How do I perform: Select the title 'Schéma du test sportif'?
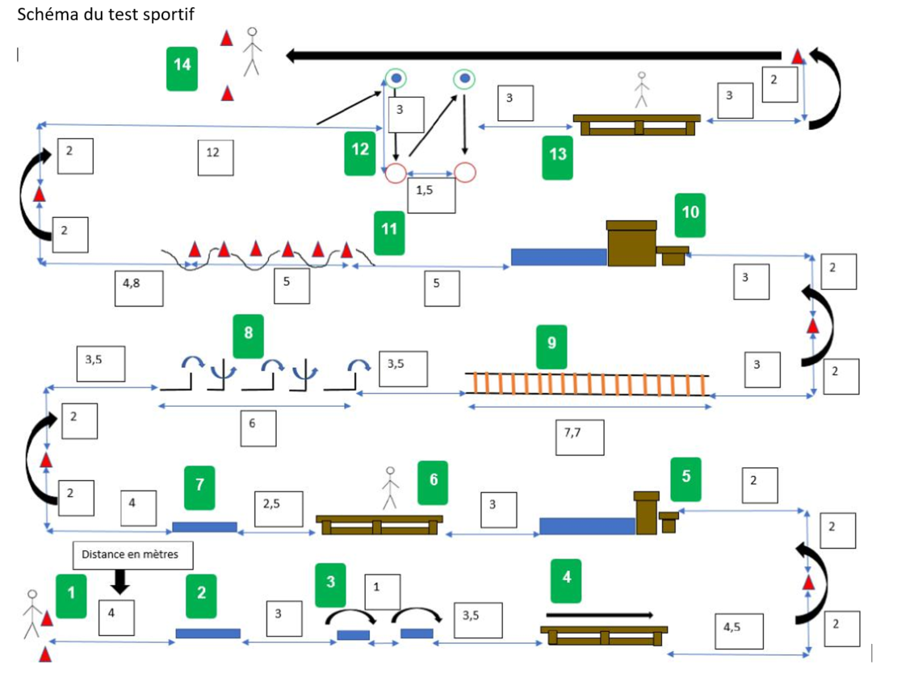tap(106, 15)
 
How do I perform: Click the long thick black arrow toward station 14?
tap(533, 56)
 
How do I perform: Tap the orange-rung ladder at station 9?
tap(588, 384)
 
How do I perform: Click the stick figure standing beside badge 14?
tap(252, 51)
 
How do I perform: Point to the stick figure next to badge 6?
tap(390, 487)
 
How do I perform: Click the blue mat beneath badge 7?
tap(204, 527)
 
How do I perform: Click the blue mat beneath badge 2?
tap(207, 633)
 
